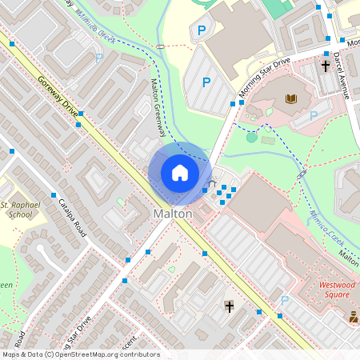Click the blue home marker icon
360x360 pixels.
coord(180,173)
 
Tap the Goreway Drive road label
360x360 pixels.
coord(58,97)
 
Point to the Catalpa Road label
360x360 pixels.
coord(70,217)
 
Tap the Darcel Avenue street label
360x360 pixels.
coord(342,77)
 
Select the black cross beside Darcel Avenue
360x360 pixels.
coord(326,66)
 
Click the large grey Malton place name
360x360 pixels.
coord(173,214)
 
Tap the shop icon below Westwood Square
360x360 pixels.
coord(353,317)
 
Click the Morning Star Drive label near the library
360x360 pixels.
coord(264,80)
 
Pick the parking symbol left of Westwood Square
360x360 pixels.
coord(284,301)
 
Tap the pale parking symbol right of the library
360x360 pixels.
coord(314,115)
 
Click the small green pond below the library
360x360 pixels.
coord(252,138)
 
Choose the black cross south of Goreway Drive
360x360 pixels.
coord(230,306)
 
